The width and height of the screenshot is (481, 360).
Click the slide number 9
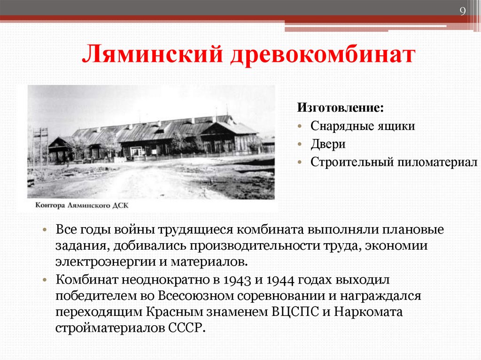(x=463, y=12)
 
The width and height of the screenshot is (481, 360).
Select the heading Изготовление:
(x=340, y=107)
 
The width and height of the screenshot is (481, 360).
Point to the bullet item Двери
(x=328, y=144)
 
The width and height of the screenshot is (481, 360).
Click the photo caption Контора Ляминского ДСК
(x=81, y=205)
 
